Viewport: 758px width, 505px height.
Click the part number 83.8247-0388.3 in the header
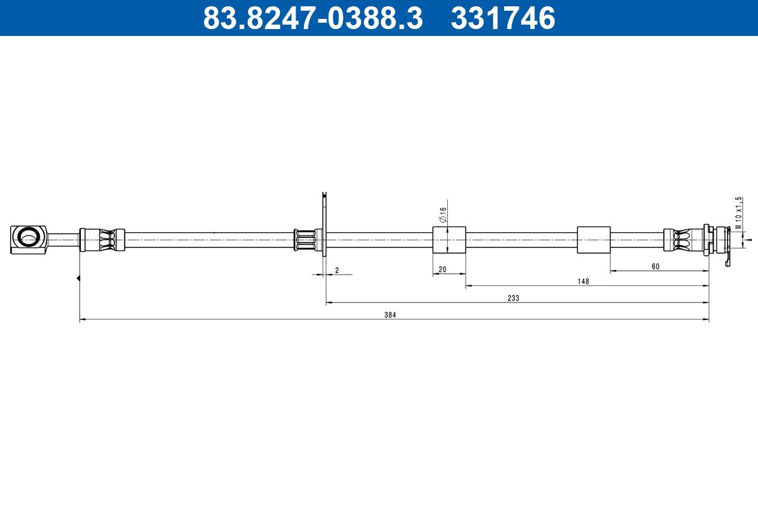click(313, 18)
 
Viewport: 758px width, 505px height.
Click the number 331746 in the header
click(503, 18)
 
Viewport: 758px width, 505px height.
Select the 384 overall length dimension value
click(390, 315)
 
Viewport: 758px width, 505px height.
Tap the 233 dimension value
click(513, 298)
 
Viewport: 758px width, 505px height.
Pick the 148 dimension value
click(583, 282)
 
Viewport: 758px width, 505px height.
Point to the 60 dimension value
click(655, 266)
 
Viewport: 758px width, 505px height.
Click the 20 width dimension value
click(442, 270)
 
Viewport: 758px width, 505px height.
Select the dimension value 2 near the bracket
click(337, 270)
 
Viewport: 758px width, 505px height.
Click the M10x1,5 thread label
click(738, 213)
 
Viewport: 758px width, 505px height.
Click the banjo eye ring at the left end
click(28, 239)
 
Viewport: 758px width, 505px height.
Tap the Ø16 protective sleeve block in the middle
click(449, 240)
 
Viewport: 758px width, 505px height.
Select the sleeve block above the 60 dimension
click(594, 240)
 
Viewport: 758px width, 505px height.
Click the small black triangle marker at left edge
click(78, 278)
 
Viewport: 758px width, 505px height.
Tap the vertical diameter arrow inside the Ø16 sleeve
click(447, 240)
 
